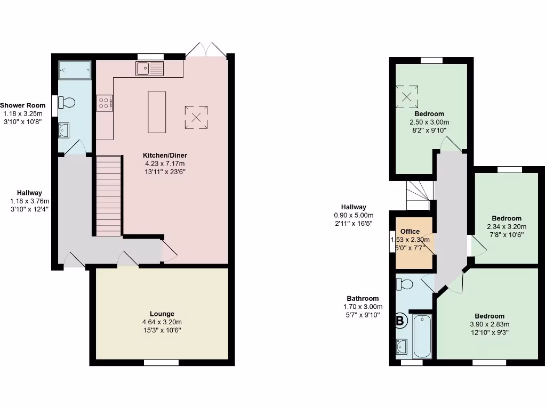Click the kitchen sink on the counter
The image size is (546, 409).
point(149,68)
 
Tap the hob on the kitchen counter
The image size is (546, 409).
point(104,103)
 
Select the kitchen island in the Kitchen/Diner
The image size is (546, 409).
point(157,112)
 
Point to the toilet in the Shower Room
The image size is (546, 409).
point(67,102)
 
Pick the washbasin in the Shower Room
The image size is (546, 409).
point(63,129)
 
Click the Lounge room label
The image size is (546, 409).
point(162,314)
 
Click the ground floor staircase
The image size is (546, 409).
point(109,194)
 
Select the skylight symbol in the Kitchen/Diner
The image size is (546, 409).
point(196,117)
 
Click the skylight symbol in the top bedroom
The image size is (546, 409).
point(407,96)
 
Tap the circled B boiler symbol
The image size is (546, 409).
point(401,321)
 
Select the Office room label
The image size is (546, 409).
point(410,232)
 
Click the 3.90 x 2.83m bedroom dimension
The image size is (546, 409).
point(489,324)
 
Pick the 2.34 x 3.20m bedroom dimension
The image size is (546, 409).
point(506,227)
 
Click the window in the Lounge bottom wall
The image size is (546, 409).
point(162,363)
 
